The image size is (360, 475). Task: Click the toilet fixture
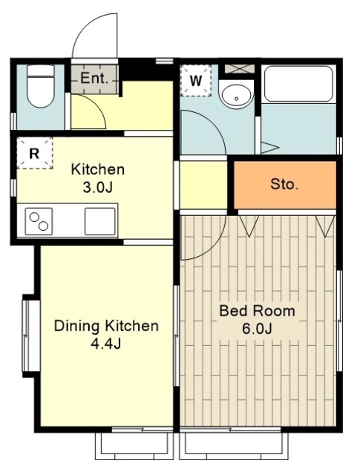point(40,86)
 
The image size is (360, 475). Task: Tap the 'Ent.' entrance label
point(94,79)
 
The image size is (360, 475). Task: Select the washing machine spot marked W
point(196,81)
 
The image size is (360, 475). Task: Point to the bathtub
point(298,84)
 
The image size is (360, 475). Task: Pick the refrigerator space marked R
point(35,153)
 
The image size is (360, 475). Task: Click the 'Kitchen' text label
point(97,169)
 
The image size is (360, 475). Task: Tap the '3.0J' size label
point(97,188)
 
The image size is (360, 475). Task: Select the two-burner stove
point(39,221)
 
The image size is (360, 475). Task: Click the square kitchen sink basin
point(100,221)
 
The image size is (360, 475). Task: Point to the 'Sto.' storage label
point(284,184)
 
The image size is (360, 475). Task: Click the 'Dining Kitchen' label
point(106,326)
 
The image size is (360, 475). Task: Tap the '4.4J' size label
point(106,344)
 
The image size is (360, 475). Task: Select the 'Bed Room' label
point(257,311)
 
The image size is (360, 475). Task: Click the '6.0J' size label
point(257,329)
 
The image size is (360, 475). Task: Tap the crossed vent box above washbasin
point(240,69)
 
